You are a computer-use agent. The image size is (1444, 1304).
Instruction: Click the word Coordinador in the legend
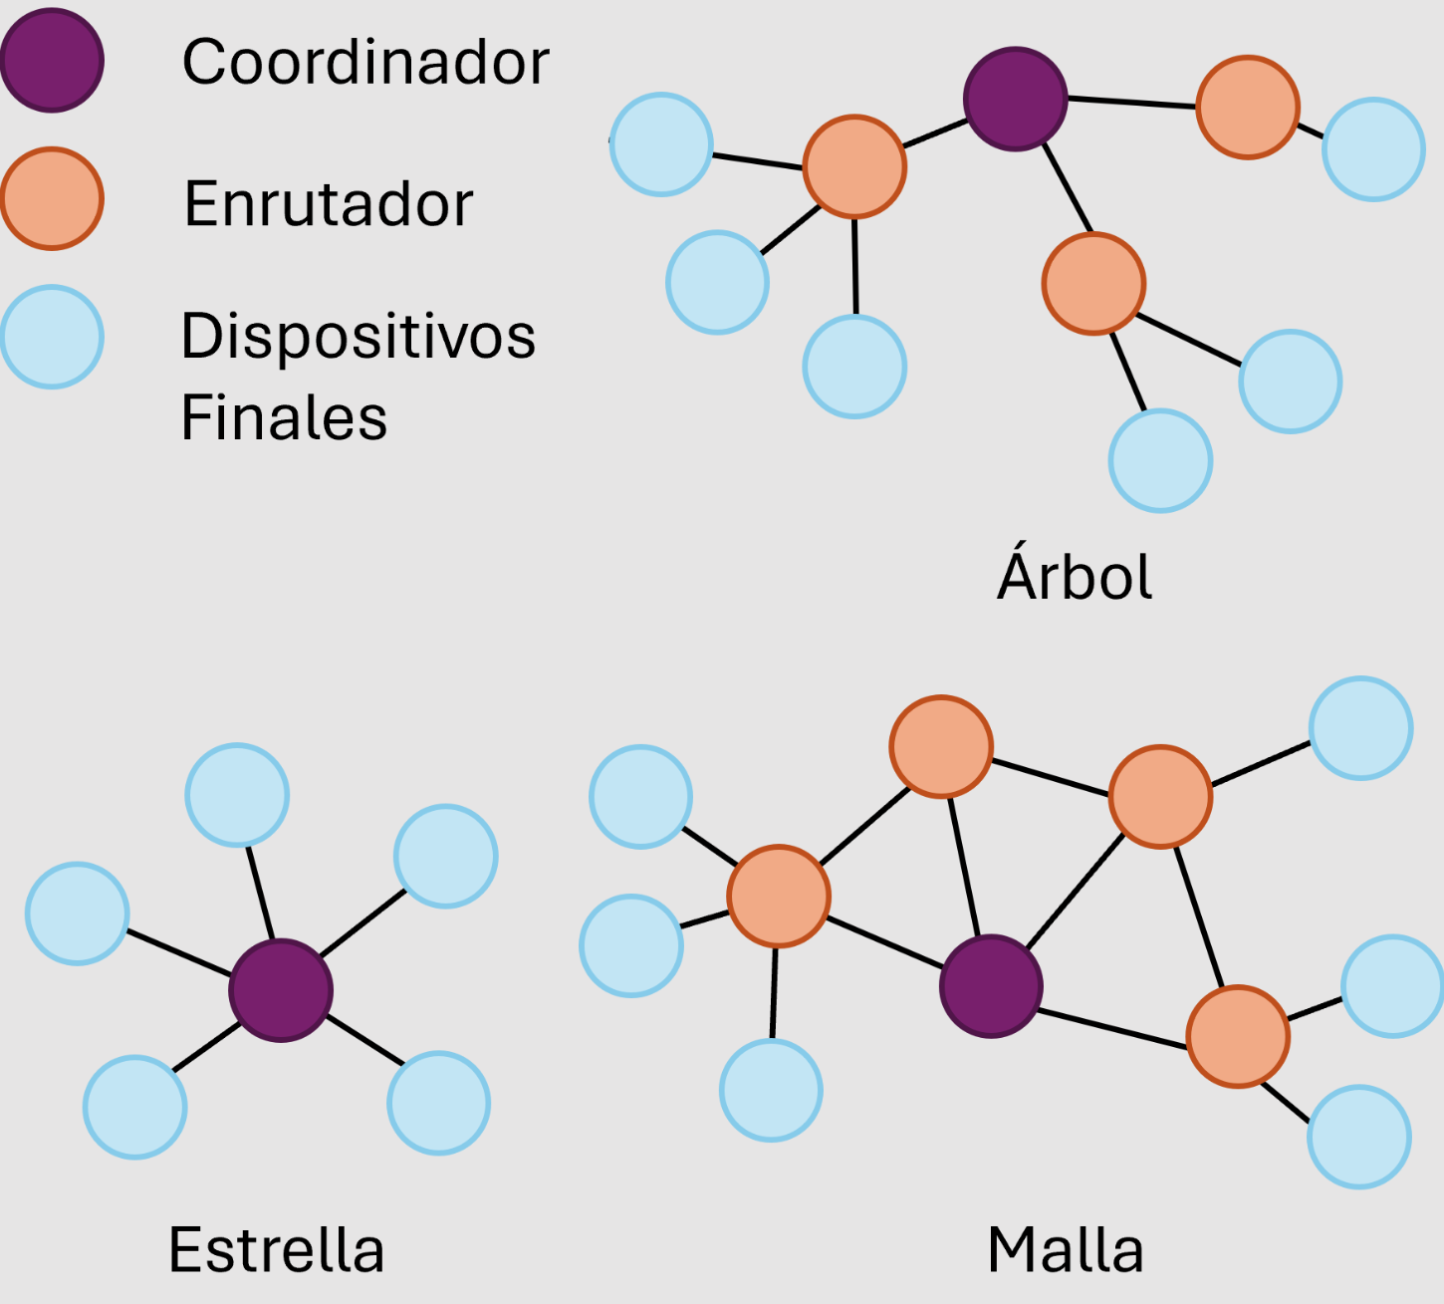365,62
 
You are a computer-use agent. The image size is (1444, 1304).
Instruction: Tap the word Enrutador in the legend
329,204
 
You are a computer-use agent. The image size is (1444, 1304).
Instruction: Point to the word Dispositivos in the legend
358,337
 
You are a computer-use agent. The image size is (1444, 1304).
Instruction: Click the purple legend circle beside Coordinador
52,61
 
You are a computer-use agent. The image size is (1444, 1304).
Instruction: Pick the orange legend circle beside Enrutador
52,198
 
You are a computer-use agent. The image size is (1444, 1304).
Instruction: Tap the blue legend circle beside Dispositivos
52,337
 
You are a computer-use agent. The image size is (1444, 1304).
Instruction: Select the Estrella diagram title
277,1249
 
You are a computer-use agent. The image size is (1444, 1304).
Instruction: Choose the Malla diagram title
1066,1249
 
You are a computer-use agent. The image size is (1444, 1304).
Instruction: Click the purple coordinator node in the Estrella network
281,990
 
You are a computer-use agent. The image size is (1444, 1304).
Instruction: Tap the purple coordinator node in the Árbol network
1015,100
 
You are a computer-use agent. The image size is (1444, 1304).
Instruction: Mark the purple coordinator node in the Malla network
991,986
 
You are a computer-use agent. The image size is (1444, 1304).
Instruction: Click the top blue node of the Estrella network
237,795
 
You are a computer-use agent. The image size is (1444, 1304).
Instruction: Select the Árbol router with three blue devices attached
854,166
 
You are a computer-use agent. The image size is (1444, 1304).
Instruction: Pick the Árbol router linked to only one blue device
1248,108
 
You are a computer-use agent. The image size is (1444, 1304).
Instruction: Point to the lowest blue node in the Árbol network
1160,461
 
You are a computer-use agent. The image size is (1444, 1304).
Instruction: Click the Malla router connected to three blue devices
779,897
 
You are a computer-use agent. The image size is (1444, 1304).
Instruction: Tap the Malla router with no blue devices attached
941,747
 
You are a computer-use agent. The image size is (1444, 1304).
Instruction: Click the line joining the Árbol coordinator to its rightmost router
1131,103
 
